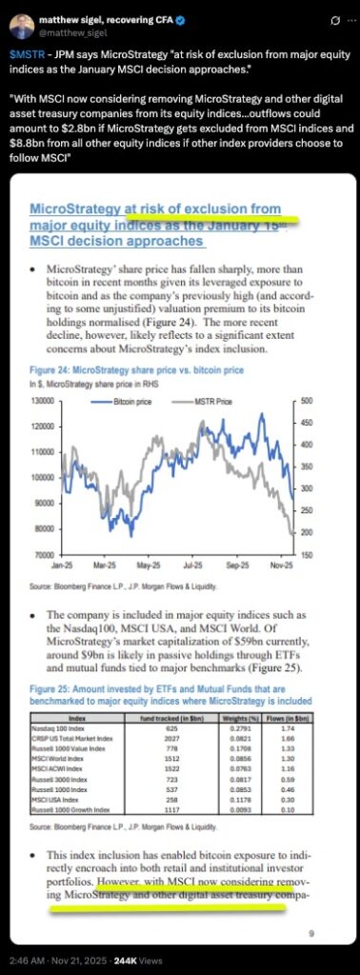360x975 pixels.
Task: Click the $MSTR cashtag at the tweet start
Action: coord(27,45)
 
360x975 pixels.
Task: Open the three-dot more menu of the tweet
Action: coord(339,19)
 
